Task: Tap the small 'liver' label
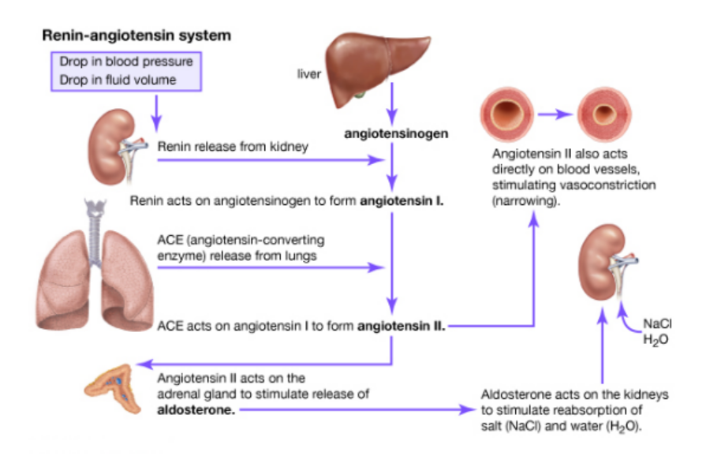click(308, 75)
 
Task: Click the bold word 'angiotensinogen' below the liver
click(396, 133)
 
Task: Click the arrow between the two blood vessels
click(558, 114)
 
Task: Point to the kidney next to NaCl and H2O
click(605, 262)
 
